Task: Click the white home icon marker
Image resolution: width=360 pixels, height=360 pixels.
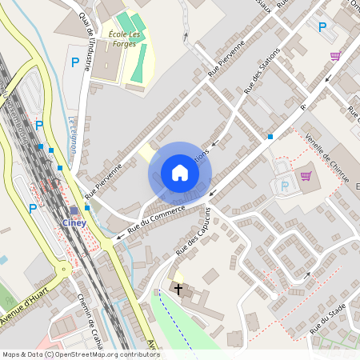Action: coord(180,173)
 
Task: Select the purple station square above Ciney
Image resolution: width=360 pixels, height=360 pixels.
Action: coord(74,211)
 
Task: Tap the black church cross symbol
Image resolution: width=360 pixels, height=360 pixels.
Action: coord(178,288)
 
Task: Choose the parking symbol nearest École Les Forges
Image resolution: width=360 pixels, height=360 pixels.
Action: coord(75,62)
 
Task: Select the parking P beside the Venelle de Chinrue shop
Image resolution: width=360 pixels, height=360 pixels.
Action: coord(286,186)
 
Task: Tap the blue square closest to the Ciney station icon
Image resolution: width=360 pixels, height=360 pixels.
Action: coord(87,208)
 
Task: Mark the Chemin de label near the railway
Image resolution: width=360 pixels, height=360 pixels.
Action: coord(91,321)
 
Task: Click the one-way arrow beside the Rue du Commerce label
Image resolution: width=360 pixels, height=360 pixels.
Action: coord(119,235)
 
